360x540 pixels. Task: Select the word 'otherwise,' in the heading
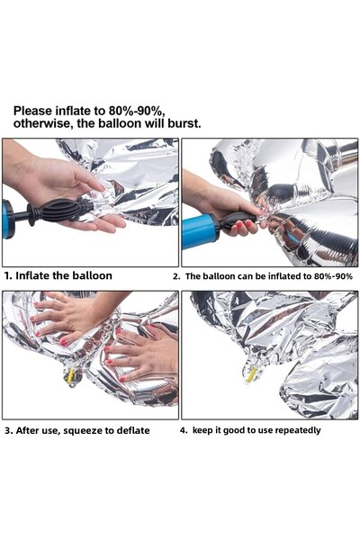tap(47, 123)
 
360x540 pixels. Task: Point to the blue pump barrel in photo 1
tap(8, 219)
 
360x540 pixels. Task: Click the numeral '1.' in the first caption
tap(8, 275)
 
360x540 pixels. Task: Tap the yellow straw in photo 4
tap(251, 374)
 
